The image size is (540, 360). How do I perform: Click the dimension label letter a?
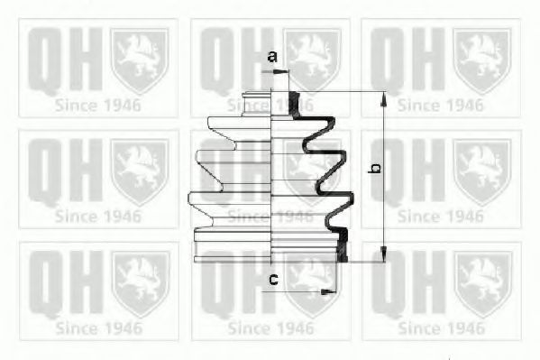pyautogui.click(x=271, y=58)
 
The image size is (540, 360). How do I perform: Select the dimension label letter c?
pyautogui.click(x=271, y=279)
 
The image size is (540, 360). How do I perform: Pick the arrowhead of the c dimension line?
pyautogui.click(x=329, y=291)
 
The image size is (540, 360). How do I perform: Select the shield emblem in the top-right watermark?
pyautogui.click(x=482, y=60)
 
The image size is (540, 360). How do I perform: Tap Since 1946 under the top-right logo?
pyautogui.click(x=441, y=106)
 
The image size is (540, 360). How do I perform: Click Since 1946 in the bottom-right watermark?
pyautogui.click(x=441, y=327)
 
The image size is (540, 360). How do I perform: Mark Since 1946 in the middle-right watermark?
pyautogui.click(x=441, y=217)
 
